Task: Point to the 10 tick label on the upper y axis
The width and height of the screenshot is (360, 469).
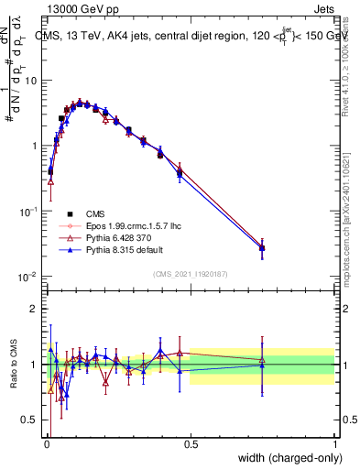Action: click(x=31, y=81)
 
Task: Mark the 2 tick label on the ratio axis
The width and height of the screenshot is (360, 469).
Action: click(x=35, y=309)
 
